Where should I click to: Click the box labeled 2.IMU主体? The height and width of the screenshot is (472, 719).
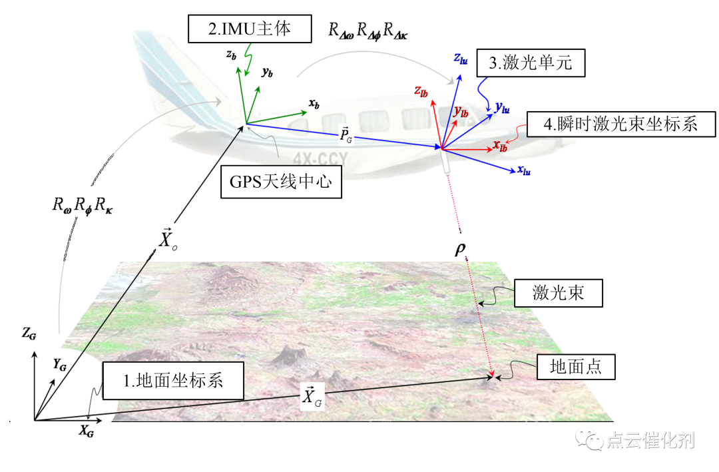click(x=240, y=29)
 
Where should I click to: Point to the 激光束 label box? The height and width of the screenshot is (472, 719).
click(x=558, y=292)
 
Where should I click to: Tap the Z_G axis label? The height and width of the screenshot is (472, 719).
click(x=29, y=334)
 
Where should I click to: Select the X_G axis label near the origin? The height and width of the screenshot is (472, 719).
click(x=87, y=431)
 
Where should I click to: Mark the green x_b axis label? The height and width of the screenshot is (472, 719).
click(x=314, y=104)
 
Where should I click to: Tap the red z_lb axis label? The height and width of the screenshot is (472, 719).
click(x=420, y=91)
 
